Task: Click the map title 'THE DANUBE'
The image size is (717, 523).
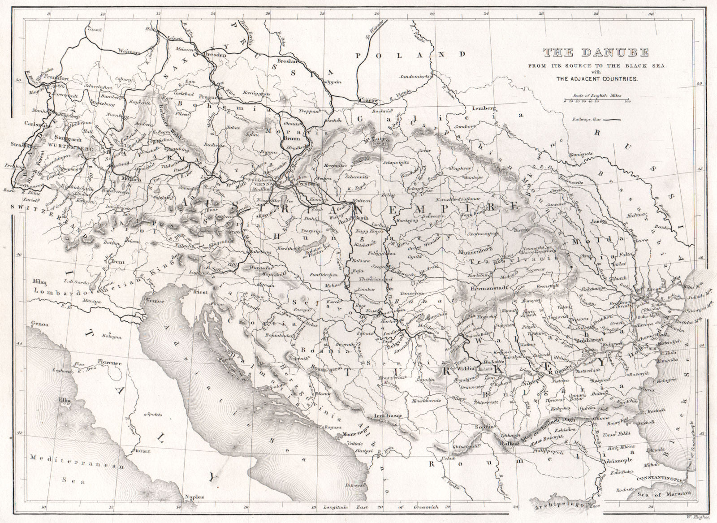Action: click(596, 53)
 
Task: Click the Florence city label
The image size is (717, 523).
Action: click(110, 362)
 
